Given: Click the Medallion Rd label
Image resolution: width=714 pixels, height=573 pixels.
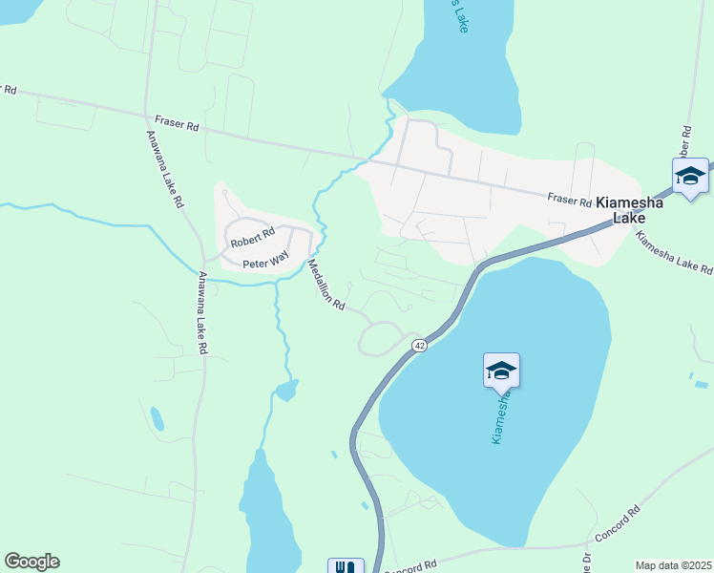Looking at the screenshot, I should click(x=325, y=285).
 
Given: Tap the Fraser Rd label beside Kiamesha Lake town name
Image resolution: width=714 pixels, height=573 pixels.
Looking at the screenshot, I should click(x=570, y=199).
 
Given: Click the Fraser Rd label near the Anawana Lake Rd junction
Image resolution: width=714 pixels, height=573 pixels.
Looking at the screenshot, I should click(x=178, y=125).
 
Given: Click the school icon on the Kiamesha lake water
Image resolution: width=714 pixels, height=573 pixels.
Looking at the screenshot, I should click(x=501, y=371).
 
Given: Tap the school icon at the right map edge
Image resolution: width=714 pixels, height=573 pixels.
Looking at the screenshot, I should click(x=690, y=177).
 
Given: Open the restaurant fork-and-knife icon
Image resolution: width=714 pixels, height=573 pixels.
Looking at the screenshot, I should click(x=346, y=568).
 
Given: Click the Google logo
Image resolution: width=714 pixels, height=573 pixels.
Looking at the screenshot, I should click(x=31, y=562).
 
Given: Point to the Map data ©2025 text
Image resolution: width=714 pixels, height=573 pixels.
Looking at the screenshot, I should click(x=673, y=565).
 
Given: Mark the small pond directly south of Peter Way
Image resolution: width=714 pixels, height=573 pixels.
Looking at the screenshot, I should click(x=285, y=391).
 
